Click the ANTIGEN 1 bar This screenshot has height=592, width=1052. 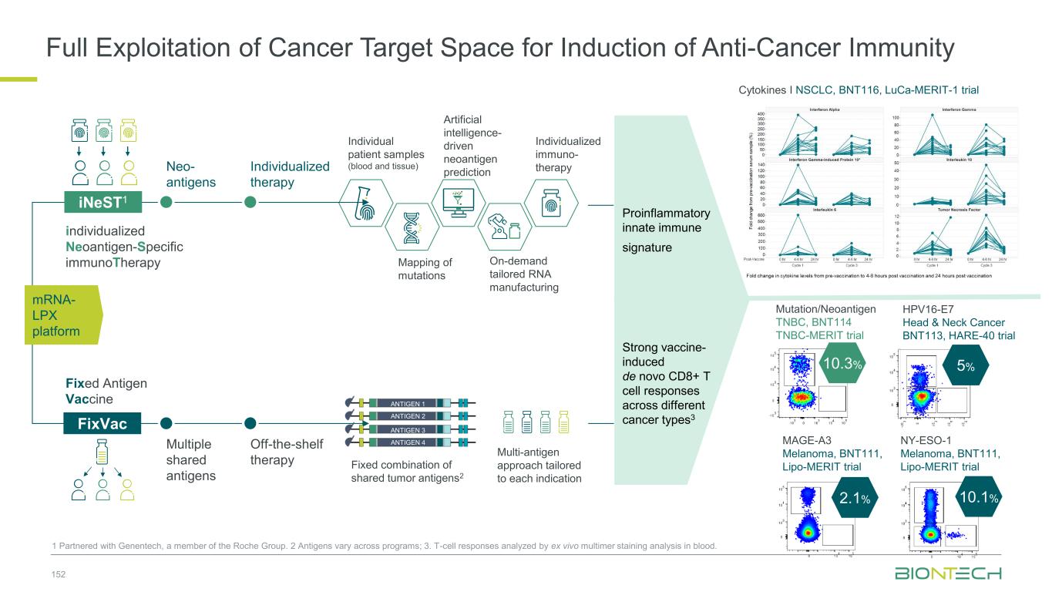click(408, 403)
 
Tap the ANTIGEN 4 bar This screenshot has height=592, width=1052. click(408, 442)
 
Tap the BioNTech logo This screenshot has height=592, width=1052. click(947, 574)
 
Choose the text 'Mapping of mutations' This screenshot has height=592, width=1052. click(425, 268)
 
